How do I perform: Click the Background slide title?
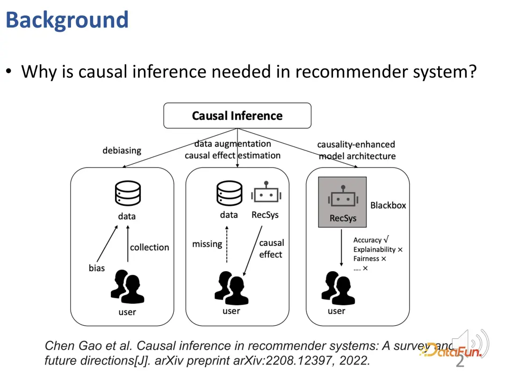(x=67, y=20)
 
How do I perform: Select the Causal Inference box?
(x=237, y=116)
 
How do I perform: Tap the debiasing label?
(x=122, y=150)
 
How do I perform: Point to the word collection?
(x=149, y=247)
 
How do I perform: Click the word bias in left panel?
(x=97, y=268)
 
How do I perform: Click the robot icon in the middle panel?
(x=265, y=194)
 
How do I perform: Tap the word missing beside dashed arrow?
(x=207, y=244)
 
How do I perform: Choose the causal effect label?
(x=271, y=249)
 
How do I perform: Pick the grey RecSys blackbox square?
(x=342, y=202)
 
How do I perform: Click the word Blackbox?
(x=388, y=205)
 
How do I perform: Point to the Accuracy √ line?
(x=371, y=240)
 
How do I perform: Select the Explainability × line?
(x=378, y=250)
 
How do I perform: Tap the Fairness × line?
(x=369, y=259)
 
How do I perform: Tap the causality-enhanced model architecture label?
(x=356, y=150)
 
